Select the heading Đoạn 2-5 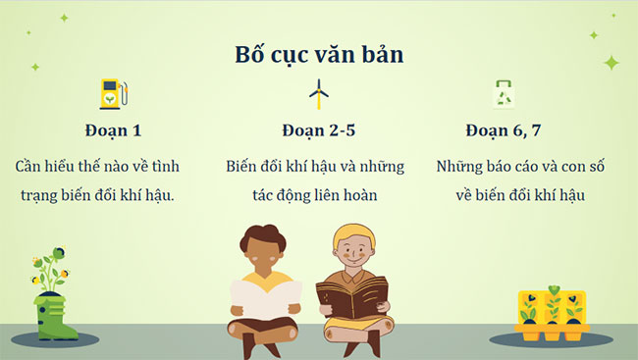click(x=319, y=130)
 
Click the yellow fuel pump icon click(x=113, y=93)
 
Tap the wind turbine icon click(x=318, y=93)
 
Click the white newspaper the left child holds click(x=265, y=301)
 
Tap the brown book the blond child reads click(x=351, y=298)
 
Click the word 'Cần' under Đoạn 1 click(x=31, y=166)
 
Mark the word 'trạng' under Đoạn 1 click(x=41, y=195)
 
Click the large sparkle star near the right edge click(x=611, y=63)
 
